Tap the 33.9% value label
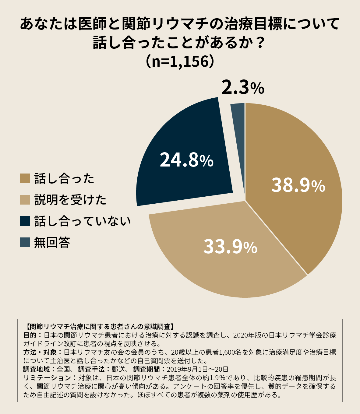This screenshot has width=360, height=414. click(x=230, y=247)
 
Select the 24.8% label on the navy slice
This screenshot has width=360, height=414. click(x=186, y=160)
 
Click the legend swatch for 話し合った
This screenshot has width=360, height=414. click(x=25, y=179)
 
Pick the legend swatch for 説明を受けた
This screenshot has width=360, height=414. click(x=25, y=200)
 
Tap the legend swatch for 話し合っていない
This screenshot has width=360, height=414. click(x=25, y=221)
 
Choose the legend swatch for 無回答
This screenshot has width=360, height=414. click(x=25, y=242)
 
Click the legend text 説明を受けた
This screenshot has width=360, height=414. click(x=70, y=200)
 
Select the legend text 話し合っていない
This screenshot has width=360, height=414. click(x=83, y=221)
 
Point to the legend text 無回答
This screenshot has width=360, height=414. click(x=52, y=242)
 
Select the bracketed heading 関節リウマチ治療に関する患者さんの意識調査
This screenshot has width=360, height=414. click(x=99, y=327)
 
